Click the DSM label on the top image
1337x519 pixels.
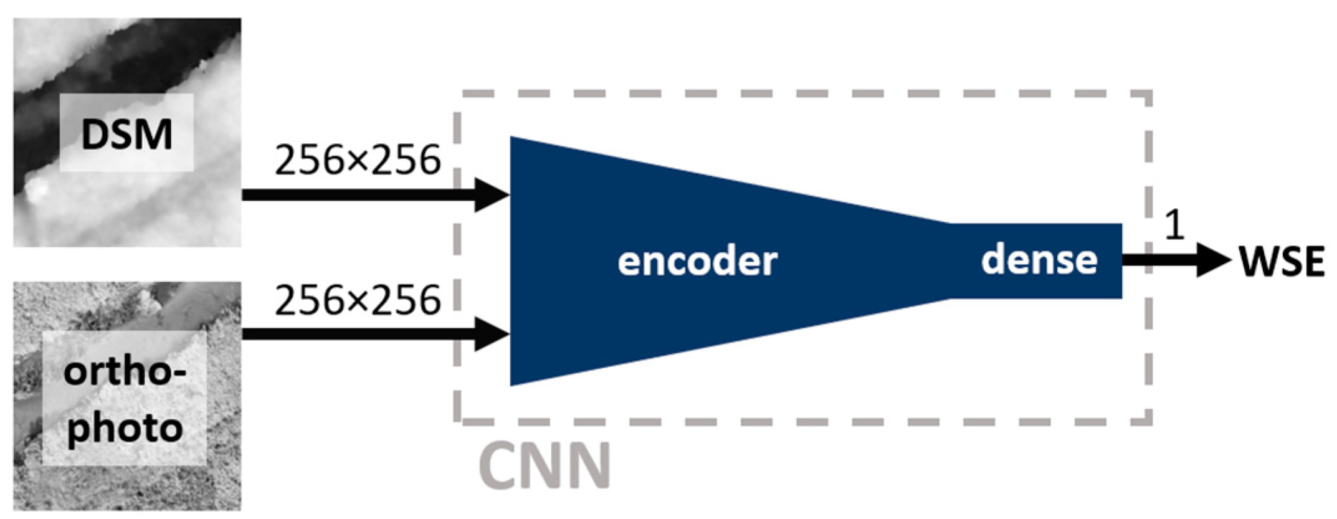click(x=126, y=134)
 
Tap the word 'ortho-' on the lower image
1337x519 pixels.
click(x=125, y=373)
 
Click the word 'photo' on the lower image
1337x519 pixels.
click(x=125, y=429)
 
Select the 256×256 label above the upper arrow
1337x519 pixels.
click(x=358, y=160)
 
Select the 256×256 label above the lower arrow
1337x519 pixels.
click(x=358, y=300)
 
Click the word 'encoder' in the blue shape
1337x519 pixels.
click(x=697, y=261)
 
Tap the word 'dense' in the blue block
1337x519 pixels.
click(x=1039, y=259)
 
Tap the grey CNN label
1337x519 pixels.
click(x=545, y=466)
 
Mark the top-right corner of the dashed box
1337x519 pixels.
click(x=1148, y=94)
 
